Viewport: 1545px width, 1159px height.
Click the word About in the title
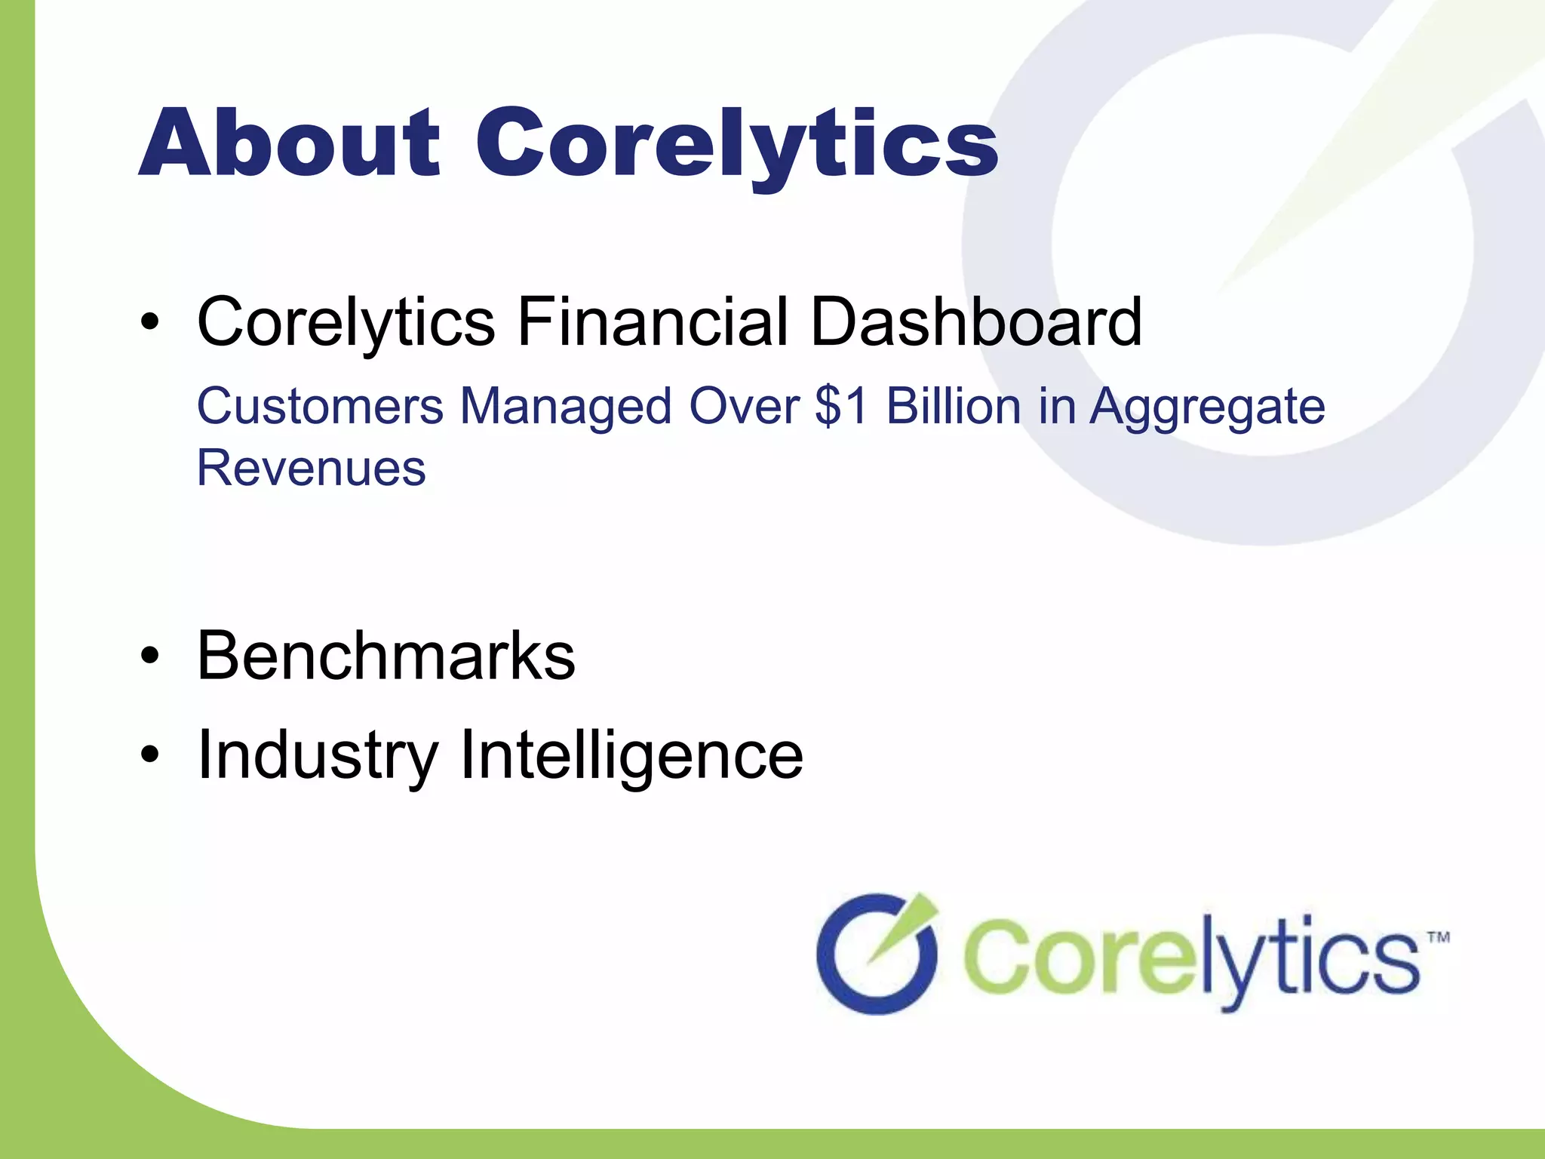click(289, 143)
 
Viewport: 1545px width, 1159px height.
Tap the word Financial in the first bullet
click(653, 322)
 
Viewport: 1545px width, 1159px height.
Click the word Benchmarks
click(385, 656)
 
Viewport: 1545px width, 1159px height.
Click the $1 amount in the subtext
click(841, 407)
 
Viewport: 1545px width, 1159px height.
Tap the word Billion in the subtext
click(953, 407)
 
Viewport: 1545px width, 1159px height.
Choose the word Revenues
click(311, 468)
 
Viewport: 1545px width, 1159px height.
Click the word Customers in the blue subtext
click(320, 407)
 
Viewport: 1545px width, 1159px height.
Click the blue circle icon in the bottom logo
click(877, 954)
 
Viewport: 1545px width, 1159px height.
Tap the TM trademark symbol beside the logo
click(1439, 938)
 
